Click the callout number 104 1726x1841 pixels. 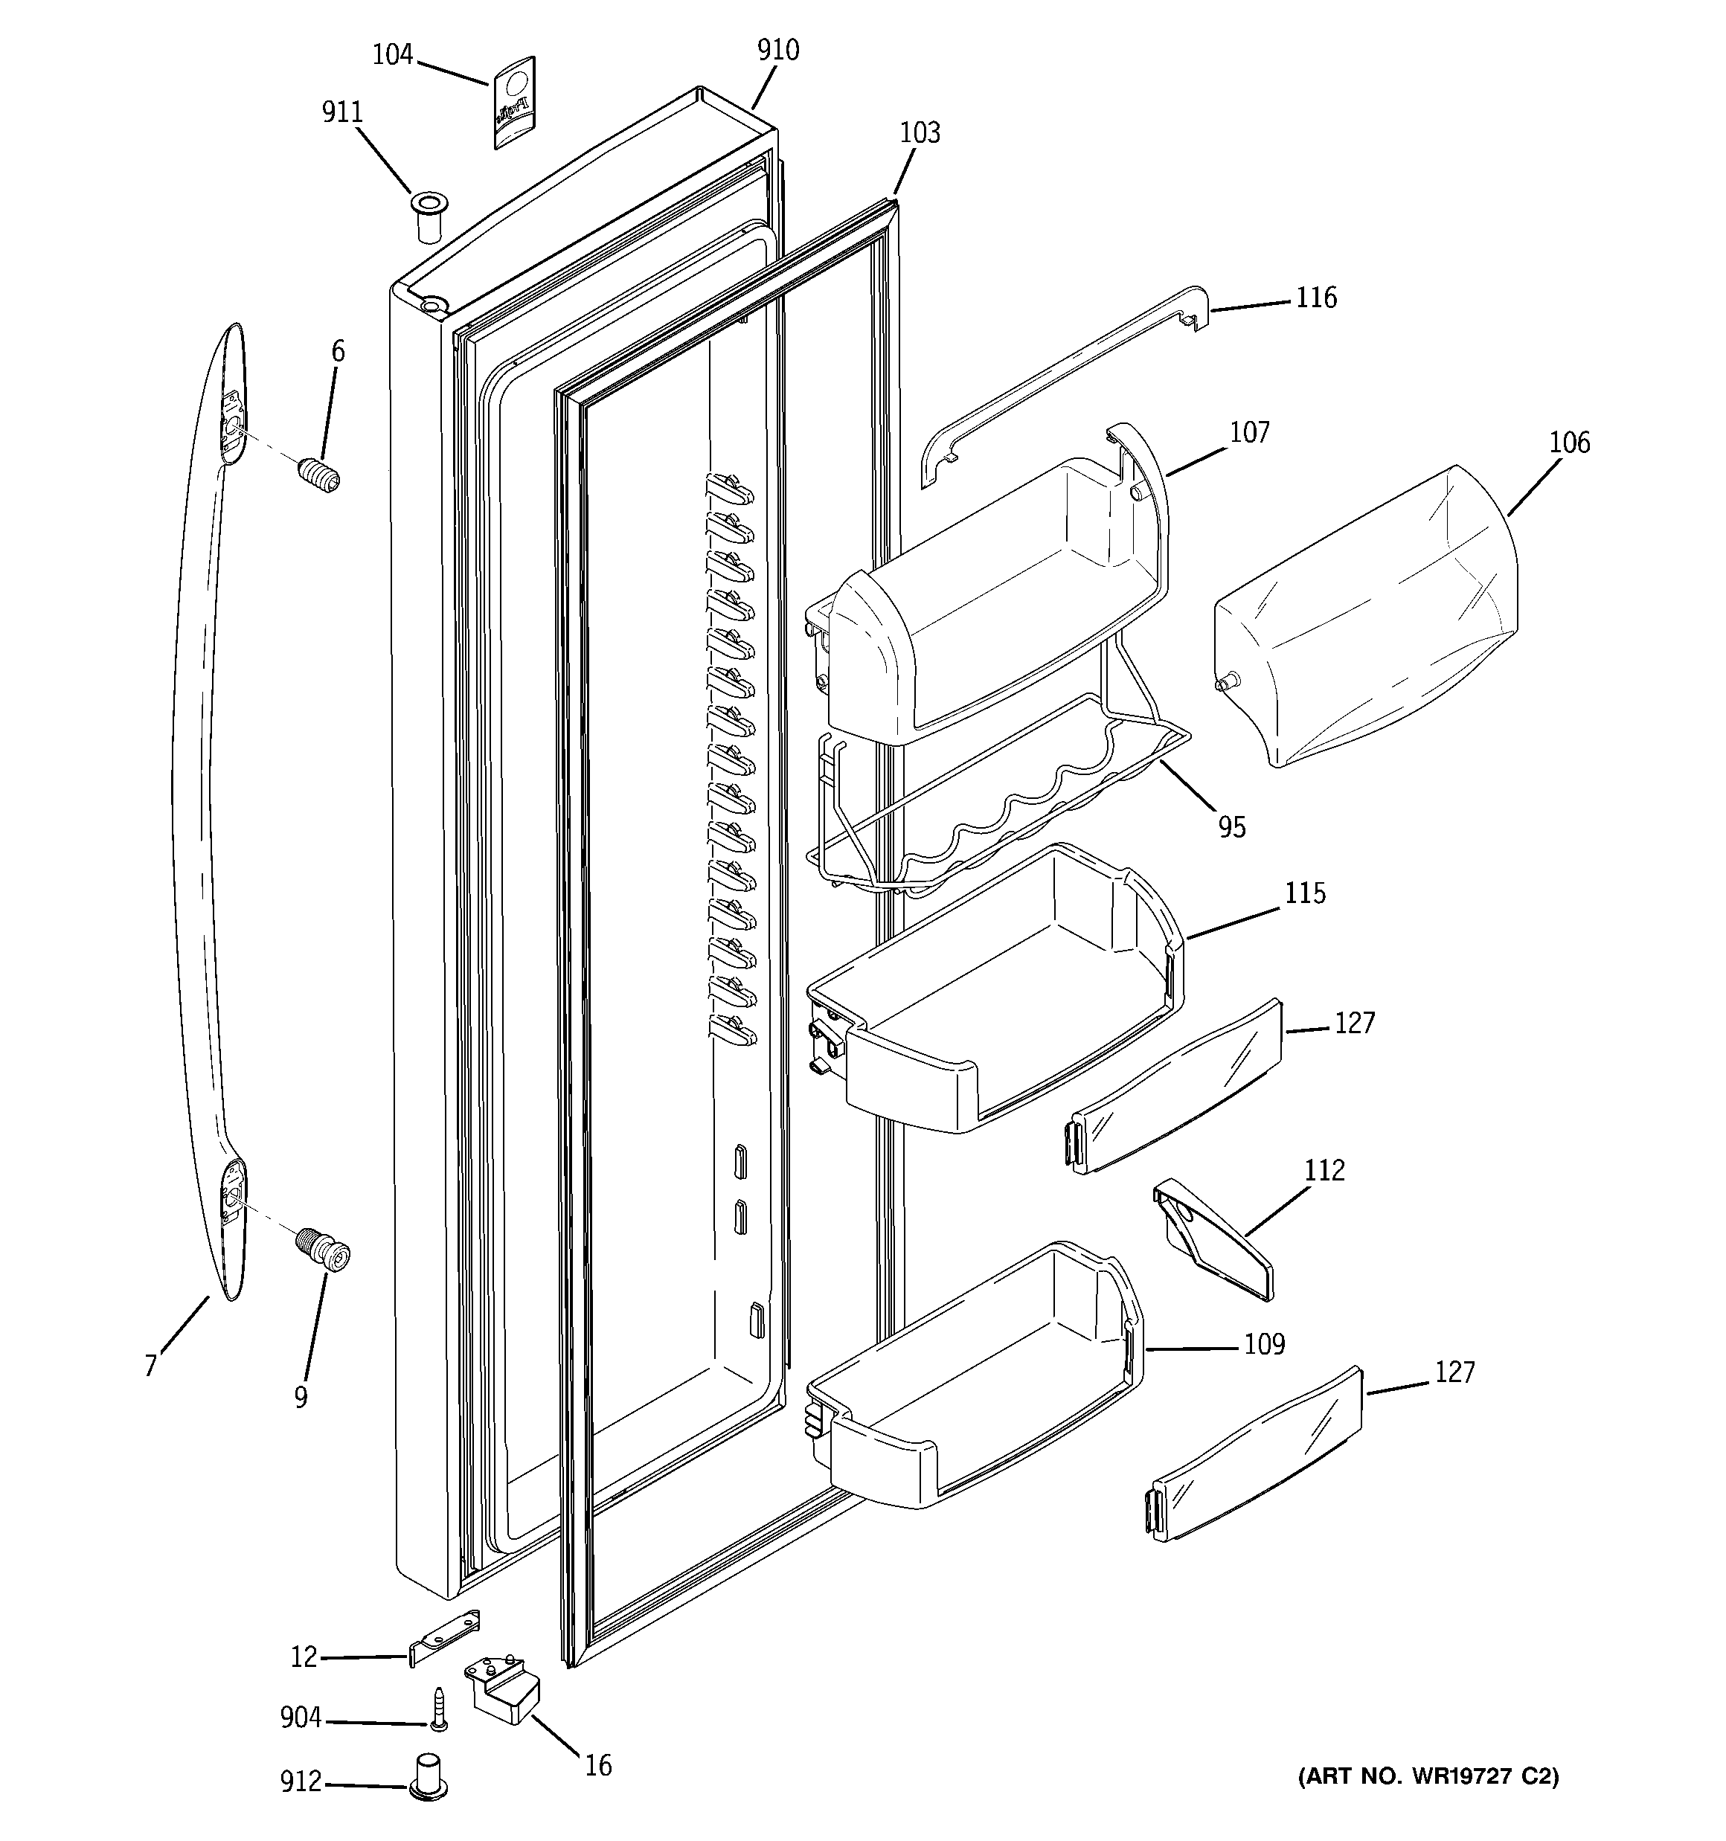pos(392,56)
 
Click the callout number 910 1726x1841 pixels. pos(777,50)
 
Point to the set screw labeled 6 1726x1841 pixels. pos(321,474)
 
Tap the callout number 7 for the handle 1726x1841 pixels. pos(151,1365)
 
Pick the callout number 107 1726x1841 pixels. pos(1249,432)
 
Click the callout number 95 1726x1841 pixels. pos(1231,827)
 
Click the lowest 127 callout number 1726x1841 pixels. pos(1454,1372)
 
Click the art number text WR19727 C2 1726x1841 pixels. pos(1428,1776)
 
